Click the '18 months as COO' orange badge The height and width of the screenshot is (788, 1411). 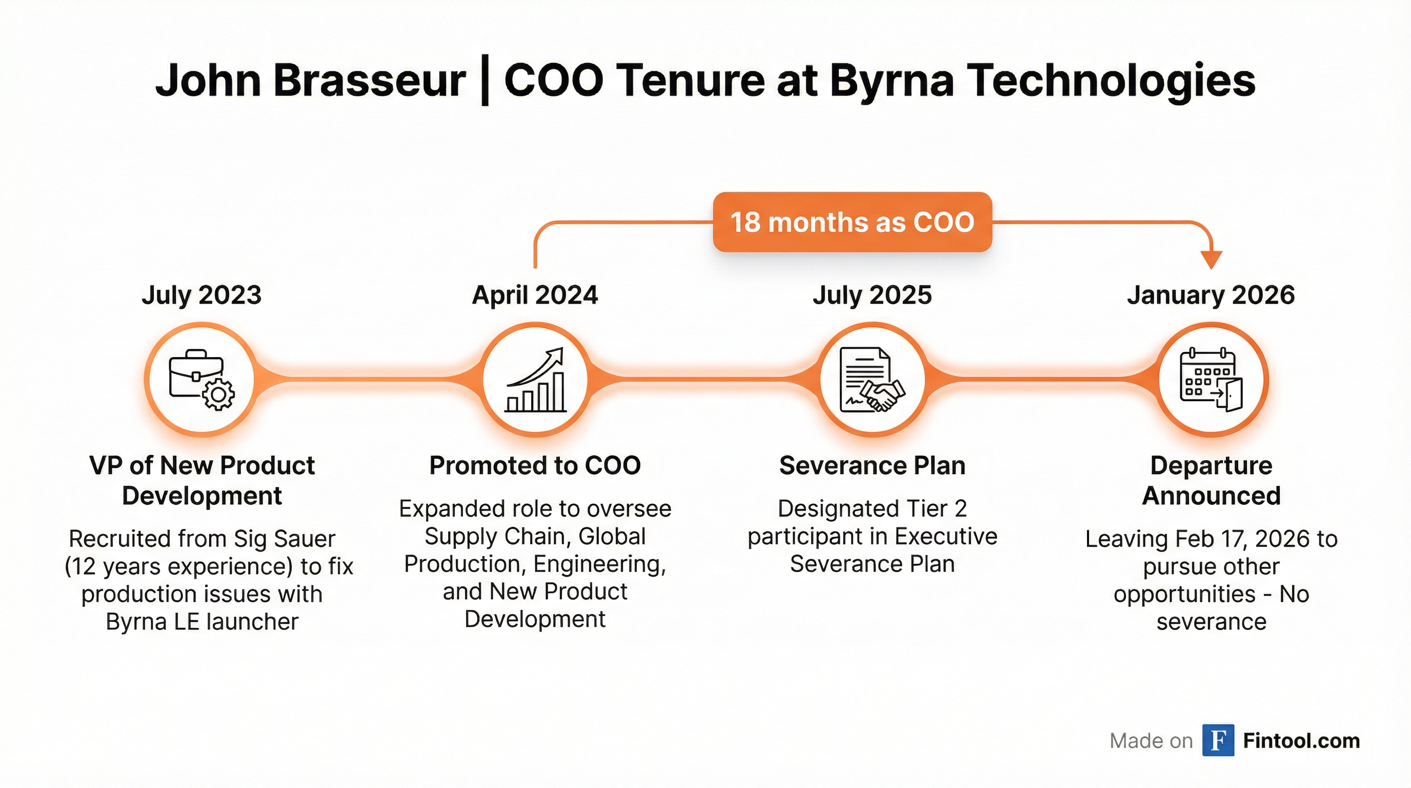click(852, 222)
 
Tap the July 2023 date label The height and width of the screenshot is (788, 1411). click(201, 295)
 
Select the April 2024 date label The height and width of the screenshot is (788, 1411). click(535, 295)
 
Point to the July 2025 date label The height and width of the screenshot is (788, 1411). click(872, 295)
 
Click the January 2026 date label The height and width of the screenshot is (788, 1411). click(1211, 295)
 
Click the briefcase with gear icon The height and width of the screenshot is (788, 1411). click(201, 379)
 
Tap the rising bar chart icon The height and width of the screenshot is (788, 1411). click(535, 379)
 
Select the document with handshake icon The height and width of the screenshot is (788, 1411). click(872, 379)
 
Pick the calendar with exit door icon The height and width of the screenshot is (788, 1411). click(1211, 379)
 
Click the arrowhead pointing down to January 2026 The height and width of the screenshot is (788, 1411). click(1211, 260)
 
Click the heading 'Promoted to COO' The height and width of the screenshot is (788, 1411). click(535, 466)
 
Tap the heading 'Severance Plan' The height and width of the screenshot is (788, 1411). click(872, 466)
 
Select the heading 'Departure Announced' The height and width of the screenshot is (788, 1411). click(1211, 481)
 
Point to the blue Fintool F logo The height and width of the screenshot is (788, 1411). click(1218, 740)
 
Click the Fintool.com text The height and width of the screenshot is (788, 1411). click(1301, 741)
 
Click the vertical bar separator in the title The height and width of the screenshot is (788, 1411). click(484, 82)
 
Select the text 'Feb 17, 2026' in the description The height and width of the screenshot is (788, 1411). click(1244, 539)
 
